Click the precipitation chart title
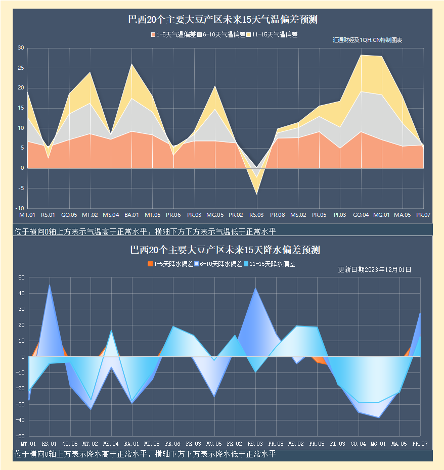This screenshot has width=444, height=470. [x=225, y=250]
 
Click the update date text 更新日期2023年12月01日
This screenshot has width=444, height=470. [x=374, y=269]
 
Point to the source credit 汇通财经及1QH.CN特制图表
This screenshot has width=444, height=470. [x=367, y=40]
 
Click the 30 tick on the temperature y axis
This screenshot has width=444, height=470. [x=21, y=48]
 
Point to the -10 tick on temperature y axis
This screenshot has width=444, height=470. [x=20, y=208]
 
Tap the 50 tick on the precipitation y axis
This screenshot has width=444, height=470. [x=21, y=277]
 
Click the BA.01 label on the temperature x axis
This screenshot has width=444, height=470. [x=131, y=215]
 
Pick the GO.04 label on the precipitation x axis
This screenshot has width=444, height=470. [x=359, y=443]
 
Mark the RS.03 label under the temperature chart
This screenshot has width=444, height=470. [x=256, y=215]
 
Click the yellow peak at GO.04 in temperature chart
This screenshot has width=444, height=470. [x=361, y=55]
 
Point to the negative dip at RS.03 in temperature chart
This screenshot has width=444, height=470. [x=256, y=194]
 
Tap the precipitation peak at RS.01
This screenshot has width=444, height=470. [x=50, y=286]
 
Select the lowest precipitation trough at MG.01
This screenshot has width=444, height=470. [x=379, y=417]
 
